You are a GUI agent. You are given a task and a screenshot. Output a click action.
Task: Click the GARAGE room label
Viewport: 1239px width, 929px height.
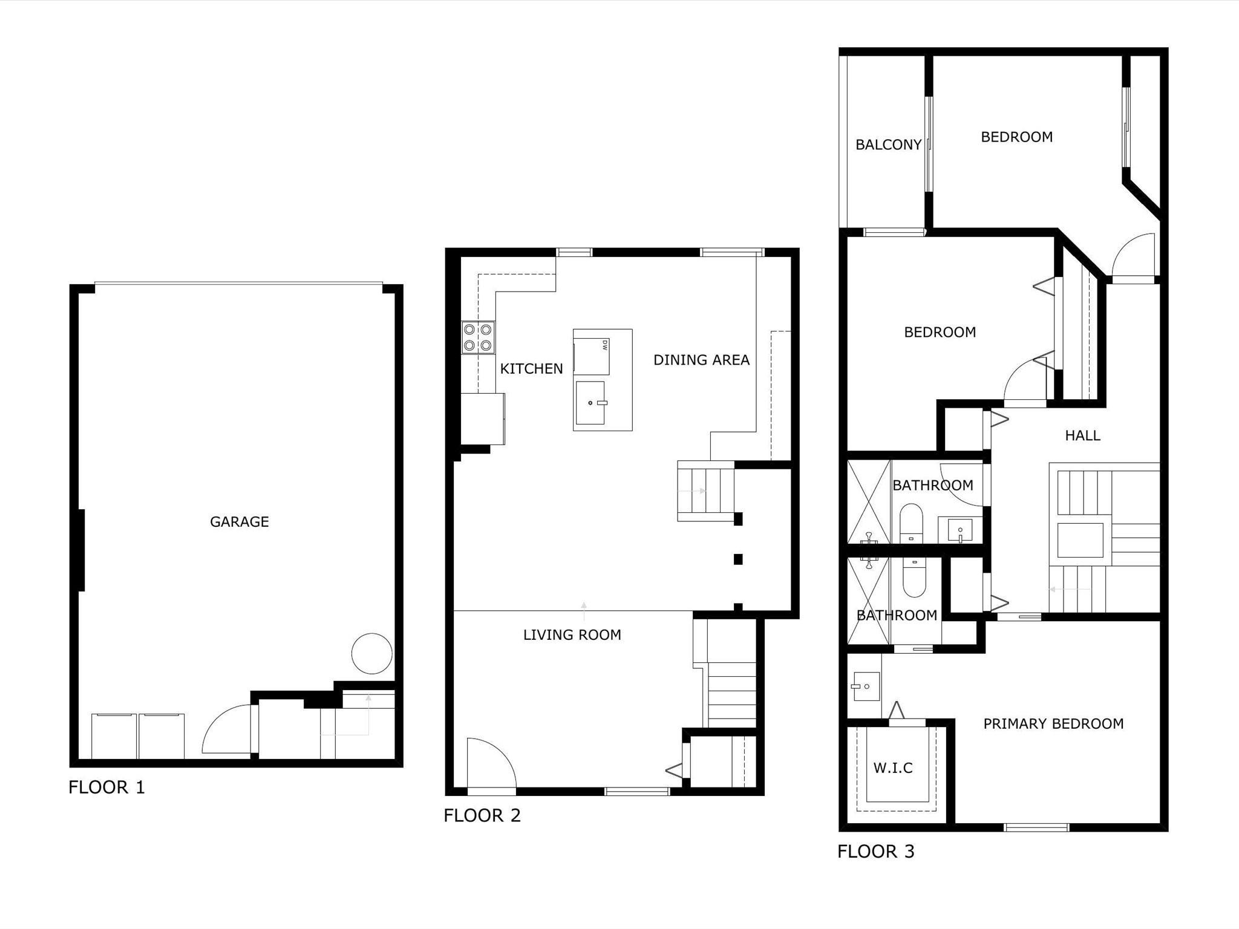pos(239,521)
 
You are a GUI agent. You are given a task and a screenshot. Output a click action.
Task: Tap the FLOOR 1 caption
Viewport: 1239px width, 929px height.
pos(106,787)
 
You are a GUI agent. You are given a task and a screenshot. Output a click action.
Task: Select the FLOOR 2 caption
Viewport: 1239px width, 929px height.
pos(482,815)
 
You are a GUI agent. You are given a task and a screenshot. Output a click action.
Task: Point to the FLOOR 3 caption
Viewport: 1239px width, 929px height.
pos(876,852)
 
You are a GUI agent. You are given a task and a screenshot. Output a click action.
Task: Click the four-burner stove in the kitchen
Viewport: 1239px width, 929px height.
pos(478,337)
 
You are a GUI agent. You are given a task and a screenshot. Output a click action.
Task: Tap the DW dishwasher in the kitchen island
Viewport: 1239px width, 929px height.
pos(591,357)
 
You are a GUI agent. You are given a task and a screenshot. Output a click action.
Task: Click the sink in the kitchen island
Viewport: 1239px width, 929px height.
pos(590,403)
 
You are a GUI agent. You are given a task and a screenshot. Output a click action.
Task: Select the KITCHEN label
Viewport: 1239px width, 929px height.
pos(531,368)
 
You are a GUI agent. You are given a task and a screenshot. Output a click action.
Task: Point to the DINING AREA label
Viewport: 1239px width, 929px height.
pos(701,360)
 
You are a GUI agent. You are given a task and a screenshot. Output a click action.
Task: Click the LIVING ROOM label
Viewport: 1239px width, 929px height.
pos(572,634)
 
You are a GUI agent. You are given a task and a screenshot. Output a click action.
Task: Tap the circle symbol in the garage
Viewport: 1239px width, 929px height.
pos(372,653)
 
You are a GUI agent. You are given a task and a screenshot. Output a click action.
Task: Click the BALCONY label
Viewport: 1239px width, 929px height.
pos(888,145)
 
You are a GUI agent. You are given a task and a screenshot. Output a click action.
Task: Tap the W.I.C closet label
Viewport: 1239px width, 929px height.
pos(893,768)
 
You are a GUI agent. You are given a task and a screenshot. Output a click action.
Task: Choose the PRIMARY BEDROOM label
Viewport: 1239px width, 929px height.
pos(1053,723)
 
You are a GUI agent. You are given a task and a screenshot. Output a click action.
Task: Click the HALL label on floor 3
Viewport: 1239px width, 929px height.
pos(1082,435)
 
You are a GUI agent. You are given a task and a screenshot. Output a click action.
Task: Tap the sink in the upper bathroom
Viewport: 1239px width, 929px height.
pos(959,530)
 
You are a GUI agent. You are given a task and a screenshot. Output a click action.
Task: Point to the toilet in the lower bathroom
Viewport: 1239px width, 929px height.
pos(914,578)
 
